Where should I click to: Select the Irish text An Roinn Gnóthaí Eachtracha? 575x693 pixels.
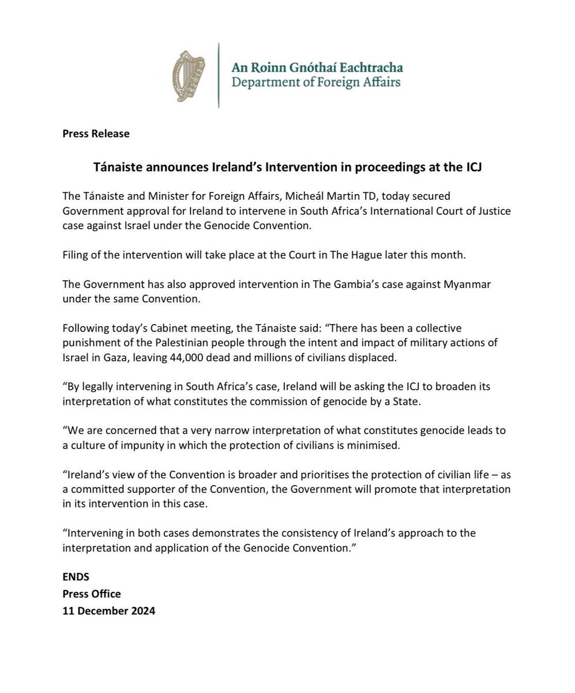point(317,68)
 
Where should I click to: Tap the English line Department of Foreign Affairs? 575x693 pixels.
point(315,82)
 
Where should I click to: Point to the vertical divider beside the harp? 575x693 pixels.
point(219,75)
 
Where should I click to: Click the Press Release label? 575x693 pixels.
point(96,133)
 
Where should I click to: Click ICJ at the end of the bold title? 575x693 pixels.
point(471,167)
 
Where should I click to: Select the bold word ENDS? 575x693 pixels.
point(76,576)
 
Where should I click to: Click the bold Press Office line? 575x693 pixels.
point(92,593)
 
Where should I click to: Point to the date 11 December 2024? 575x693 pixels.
point(108,610)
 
